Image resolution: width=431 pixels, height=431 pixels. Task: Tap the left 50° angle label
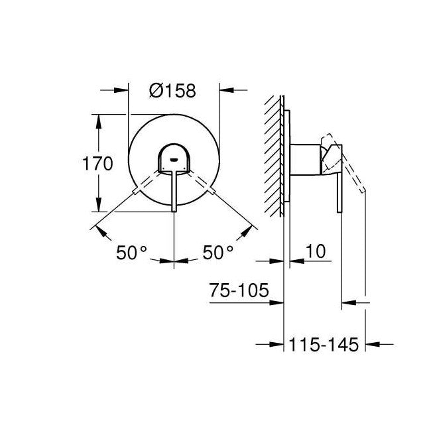pos(131,253)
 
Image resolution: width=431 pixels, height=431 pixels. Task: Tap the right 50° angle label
pos(218,253)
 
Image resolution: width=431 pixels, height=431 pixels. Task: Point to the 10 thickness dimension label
pos(317,253)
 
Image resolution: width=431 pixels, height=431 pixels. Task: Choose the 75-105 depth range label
pos(239,290)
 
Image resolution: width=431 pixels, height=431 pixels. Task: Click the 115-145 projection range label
pos(324,344)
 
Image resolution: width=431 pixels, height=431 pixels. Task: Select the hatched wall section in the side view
pos(274,156)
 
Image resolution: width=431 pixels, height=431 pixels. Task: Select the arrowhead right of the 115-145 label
pos(373,344)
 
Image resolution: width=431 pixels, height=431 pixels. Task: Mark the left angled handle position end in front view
pos(137,192)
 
